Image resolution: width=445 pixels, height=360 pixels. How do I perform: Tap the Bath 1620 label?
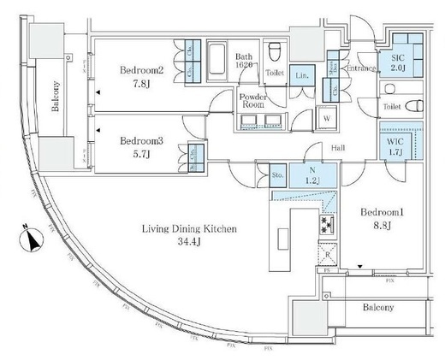[246, 60]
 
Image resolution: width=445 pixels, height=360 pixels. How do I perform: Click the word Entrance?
[360, 68]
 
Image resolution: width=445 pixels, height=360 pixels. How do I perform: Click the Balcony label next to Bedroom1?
[377, 307]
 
